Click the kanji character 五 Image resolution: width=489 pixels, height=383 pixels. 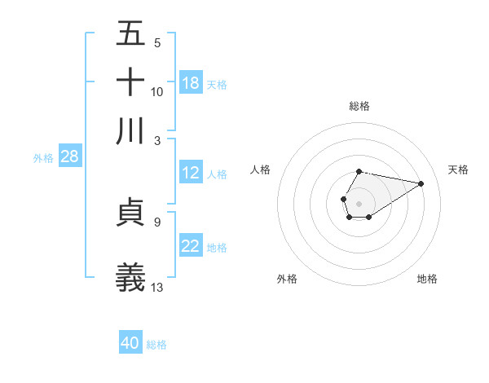coord(131,35)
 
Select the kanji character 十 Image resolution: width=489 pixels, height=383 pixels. coord(131,82)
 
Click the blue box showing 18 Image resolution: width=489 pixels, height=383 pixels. coord(191,83)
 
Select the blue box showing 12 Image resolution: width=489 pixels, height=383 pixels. coord(191,173)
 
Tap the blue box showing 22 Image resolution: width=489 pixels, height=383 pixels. coord(191,246)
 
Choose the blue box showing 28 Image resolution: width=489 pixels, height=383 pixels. coord(69,156)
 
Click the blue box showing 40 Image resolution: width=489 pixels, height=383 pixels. coord(130,343)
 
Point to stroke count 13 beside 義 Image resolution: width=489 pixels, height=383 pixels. coord(157,286)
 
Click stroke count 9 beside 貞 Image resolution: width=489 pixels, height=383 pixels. coord(156,221)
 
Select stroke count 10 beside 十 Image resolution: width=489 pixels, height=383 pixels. coord(157,91)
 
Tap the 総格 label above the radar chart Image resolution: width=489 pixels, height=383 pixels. coord(359,106)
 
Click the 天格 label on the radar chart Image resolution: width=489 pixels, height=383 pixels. coord(458,169)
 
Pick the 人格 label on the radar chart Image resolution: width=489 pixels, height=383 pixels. coord(261,169)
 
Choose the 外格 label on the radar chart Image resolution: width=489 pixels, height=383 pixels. coord(287,279)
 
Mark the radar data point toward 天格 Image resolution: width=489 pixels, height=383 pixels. coord(421,183)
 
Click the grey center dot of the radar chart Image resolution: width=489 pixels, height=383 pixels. coord(359,202)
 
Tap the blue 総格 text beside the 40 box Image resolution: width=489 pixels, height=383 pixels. coord(156,345)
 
